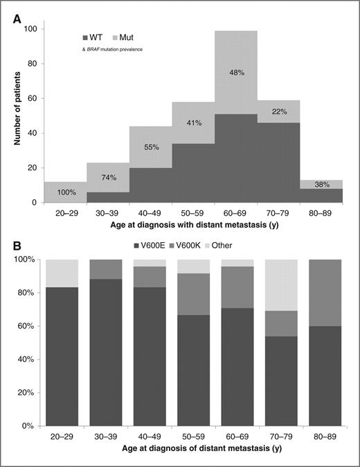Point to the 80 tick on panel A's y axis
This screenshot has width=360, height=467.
click(33, 64)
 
